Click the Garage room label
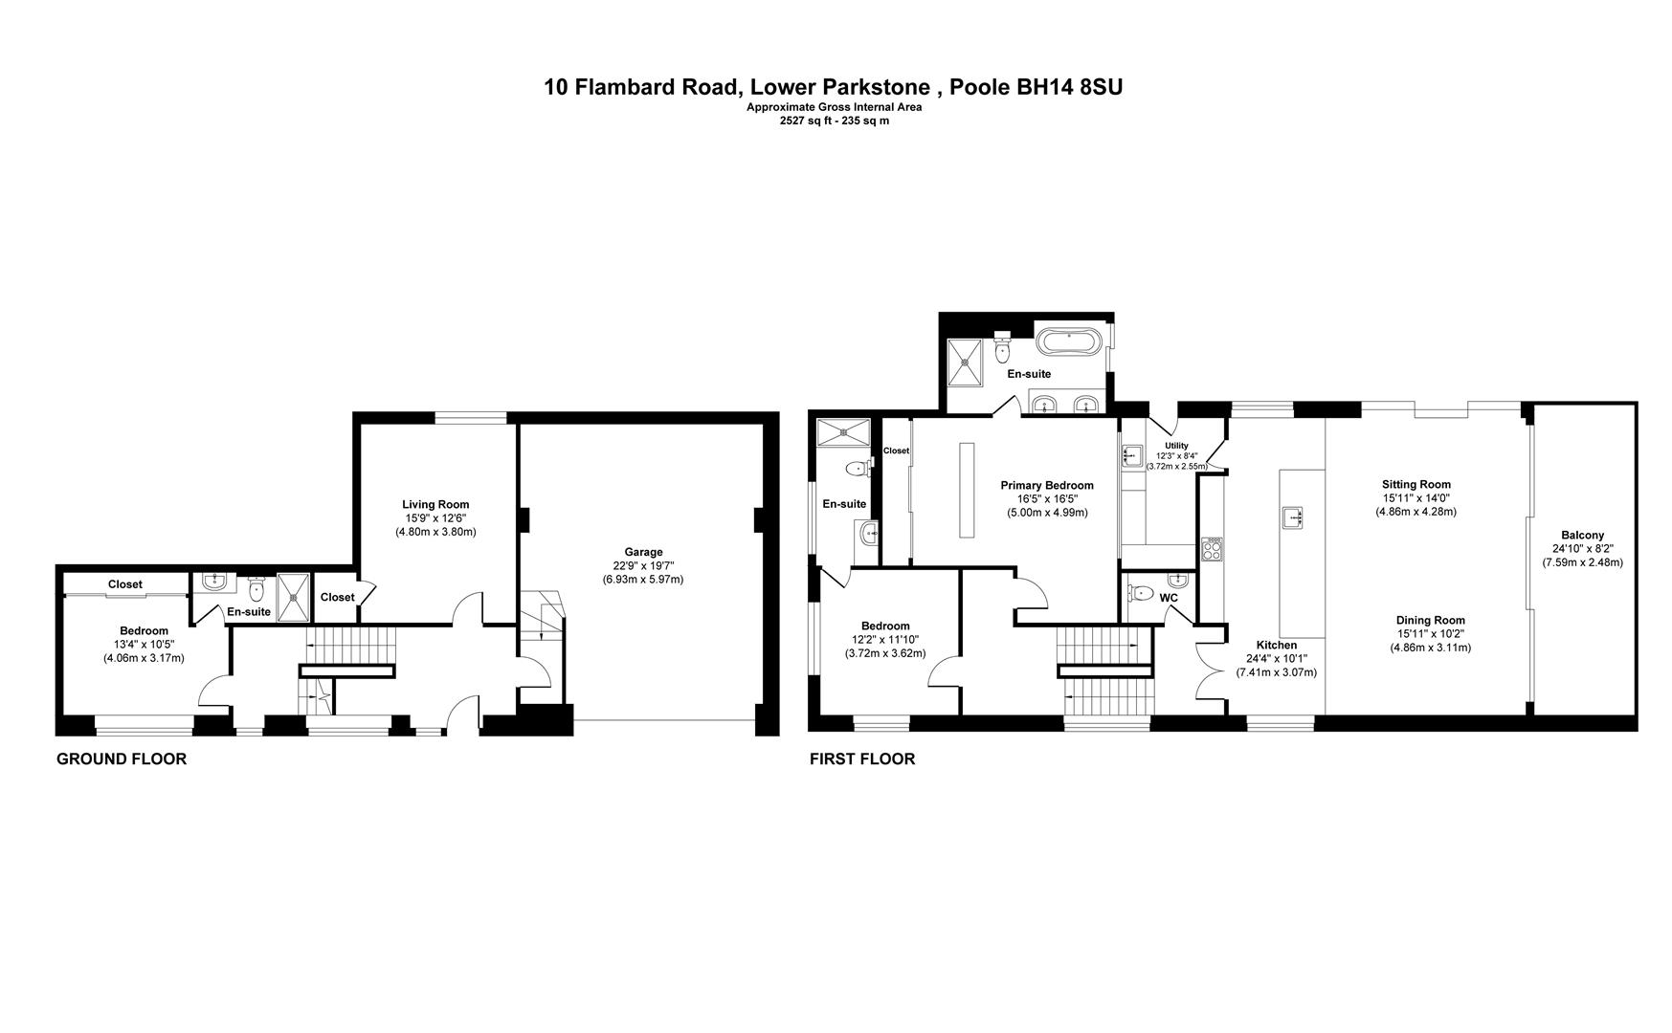(643, 552)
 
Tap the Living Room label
(435, 504)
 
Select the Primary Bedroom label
(1047, 485)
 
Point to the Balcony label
(1582, 536)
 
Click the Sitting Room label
(1416, 484)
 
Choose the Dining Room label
(1430, 620)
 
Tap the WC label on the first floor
(1169, 598)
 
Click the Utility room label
(1176, 446)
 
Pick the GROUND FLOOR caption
(122, 759)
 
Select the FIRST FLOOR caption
(862, 759)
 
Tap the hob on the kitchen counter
(1212, 549)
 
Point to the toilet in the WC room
(1139, 593)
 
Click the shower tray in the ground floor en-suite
(294, 597)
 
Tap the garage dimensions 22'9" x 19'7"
(643, 565)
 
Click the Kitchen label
(1277, 646)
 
